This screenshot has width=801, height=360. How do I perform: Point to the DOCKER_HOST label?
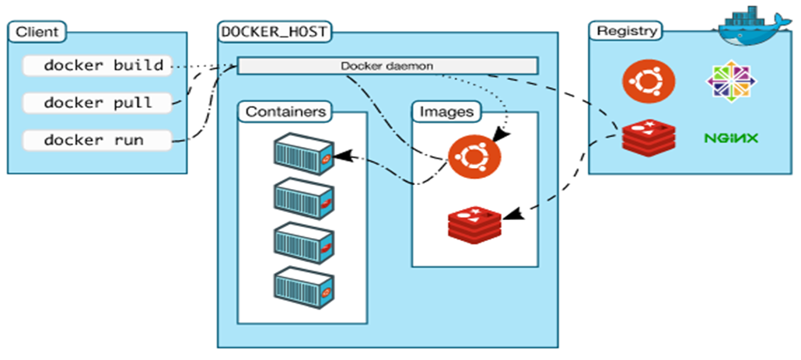point(275,32)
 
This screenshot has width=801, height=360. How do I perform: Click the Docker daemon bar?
point(387,66)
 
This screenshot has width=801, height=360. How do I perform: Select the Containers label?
point(285,111)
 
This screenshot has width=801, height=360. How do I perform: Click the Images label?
point(446,111)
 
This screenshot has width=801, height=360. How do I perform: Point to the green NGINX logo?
point(731,138)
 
